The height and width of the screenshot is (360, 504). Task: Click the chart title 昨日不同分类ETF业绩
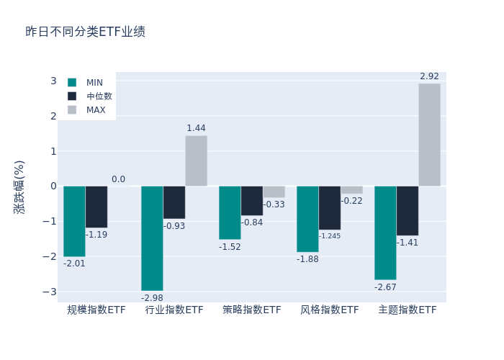85,32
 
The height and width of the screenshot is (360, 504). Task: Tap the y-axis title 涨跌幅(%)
19,186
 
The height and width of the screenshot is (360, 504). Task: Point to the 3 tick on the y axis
53,81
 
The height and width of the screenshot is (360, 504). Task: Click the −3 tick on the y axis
50,292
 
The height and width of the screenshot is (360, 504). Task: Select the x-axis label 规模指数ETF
96,310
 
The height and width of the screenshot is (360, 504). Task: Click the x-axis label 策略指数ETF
252,310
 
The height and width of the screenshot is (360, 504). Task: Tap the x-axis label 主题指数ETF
408,310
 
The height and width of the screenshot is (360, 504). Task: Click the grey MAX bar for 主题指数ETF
429,135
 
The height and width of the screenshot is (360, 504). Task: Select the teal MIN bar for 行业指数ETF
152,238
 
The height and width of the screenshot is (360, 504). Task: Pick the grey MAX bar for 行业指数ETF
196,161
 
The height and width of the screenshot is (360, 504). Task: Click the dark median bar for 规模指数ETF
96,207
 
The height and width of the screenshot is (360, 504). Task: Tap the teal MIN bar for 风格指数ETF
307,219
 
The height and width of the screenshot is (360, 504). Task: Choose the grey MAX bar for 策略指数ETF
274,192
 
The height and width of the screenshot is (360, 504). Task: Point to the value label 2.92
429,76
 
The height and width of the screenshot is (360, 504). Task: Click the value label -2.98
152,298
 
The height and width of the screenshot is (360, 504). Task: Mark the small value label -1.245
330,236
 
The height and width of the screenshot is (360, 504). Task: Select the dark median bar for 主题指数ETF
408,211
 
